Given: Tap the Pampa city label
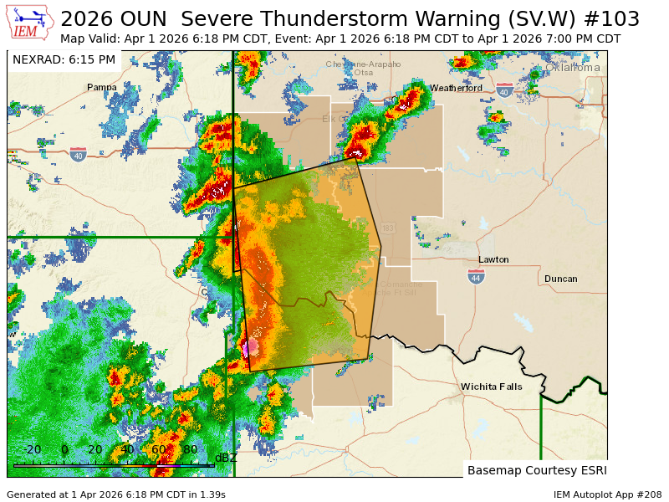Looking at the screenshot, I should [102, 87].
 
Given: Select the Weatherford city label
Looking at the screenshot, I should [456, 88].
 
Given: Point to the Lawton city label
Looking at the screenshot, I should [493, 259].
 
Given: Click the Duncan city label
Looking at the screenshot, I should [560, 279].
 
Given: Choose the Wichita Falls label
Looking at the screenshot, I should [492, 387].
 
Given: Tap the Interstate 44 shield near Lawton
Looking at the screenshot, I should [476, 276].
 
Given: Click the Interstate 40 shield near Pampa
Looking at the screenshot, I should [78, 155].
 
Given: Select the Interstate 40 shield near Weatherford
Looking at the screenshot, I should [504, 90].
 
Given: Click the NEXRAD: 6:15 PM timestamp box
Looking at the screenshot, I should [64, 59].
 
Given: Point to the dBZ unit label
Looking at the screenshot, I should [226, 458].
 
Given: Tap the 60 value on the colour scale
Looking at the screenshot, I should [158, 449].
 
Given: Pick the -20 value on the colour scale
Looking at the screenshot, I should [32, 449].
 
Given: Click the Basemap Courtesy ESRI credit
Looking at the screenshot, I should [537, 470].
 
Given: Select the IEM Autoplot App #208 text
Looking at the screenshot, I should [607, 494].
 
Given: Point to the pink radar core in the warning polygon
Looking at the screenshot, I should [249, 346].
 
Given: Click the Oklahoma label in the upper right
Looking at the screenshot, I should [573, 68].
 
